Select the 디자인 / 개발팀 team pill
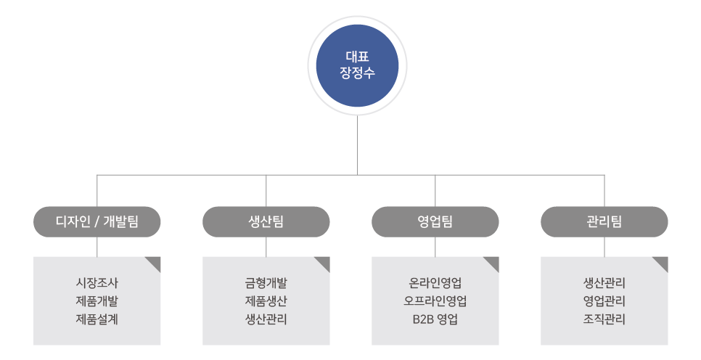[97, 222]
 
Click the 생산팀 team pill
[266, 222]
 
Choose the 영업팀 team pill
[435, 222]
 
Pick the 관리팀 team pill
[604, 222]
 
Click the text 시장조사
[97, 282]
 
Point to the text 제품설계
[97, 319]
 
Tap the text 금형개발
[266, 282]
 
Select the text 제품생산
[266, 300]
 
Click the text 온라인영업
[435, 282]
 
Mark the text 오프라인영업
[435, 300]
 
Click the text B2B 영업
[435, 319]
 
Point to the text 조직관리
[604, 319]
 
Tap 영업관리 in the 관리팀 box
[604, 300]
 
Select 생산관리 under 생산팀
[266, 319]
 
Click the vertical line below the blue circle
[357, 145]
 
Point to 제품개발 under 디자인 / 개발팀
[97, 300]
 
